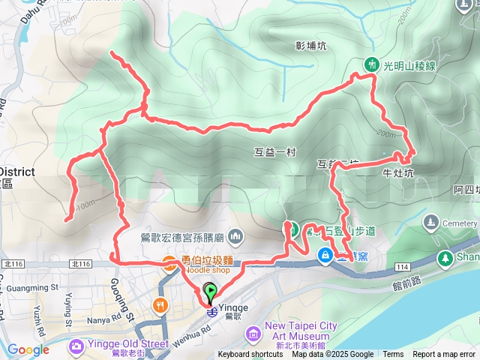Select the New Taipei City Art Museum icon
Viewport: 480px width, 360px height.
[253, 331]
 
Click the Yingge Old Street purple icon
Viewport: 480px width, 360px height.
[76, 345]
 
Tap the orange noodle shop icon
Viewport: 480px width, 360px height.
[169, 262]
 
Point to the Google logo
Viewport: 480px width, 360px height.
[28, 349]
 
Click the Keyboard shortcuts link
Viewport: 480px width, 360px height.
[250, 355]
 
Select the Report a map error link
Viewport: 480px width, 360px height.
[444, 355]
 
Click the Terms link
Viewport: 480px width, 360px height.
[393, 355]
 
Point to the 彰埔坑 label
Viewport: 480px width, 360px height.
[311, 46]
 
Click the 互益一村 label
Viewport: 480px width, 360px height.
[275, 152]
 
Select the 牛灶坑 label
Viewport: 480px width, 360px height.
[398, 173]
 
